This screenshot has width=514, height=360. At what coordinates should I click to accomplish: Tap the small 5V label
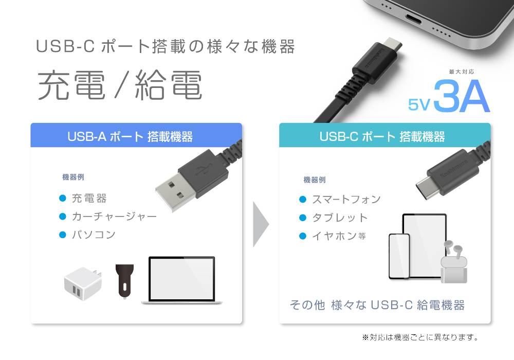point(418,104)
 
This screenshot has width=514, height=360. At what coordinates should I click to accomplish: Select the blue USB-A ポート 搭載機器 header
point(136,136)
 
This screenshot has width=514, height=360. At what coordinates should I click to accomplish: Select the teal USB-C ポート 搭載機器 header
point(384,136)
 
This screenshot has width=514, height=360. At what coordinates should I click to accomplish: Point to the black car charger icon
point(124,281)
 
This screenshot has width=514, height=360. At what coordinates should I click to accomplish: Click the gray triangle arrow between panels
point(261,224)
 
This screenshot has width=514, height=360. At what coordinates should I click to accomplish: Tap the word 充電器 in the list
point(89,199)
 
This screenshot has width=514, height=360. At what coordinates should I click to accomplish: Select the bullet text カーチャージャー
point(114,217)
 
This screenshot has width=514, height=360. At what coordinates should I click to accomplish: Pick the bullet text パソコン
point(94,235)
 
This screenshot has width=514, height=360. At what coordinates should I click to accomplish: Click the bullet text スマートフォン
point(346,199)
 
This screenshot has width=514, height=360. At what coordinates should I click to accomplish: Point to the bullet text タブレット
point(340,218)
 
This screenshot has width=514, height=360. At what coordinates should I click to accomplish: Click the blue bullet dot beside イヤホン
point(303,236)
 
